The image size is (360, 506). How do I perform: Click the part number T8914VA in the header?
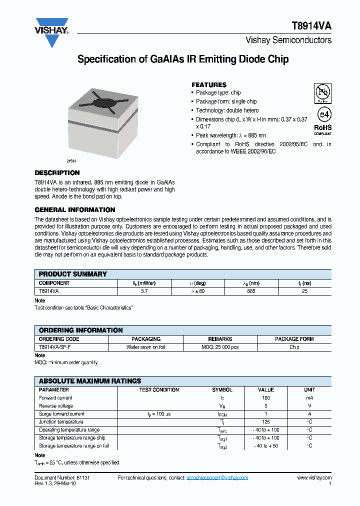point(311,27)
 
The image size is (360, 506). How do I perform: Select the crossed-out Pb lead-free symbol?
point(322,93)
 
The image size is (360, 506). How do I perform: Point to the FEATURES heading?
point(209,85)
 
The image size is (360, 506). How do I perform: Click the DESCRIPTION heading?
point(57,173)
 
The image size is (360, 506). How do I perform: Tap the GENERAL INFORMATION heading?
point(75,210)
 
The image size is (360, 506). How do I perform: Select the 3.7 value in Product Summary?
point(144,290)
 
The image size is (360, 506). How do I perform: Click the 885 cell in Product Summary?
point(251,290)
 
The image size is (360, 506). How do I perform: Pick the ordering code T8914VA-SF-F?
point(55,346)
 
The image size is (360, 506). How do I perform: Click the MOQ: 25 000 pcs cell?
point(220,346)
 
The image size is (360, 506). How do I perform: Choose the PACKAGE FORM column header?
point(294,339)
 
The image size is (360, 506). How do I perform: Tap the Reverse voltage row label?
point(56,406)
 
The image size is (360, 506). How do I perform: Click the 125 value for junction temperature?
point(266,422)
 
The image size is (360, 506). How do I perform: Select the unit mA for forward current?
point(309,398)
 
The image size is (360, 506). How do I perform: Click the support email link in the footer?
point(217,478)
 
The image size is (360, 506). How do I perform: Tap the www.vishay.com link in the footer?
point(314,478)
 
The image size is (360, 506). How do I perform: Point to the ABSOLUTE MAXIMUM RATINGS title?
point(90,381)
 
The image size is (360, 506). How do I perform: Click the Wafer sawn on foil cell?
point(145,346)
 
